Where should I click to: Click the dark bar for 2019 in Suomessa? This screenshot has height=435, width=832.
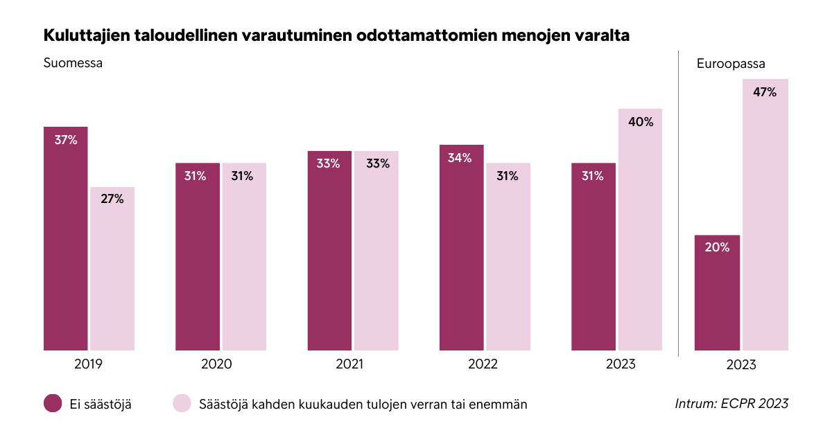[x=66, y=239]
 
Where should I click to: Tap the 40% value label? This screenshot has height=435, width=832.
[x=641, y=122]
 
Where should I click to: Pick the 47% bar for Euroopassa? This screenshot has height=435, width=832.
[x=765, y=215]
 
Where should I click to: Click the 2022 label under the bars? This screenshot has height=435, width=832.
[x=483, y=364]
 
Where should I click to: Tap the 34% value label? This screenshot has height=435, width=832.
[x=460, y=158]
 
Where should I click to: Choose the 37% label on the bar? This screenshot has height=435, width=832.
[x=66, y=140]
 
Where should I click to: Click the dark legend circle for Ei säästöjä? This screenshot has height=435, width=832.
[x=53, y=404]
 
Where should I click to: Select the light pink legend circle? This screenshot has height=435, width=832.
[x=182, y=404]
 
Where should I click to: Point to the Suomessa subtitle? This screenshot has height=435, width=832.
[x=73, y=63]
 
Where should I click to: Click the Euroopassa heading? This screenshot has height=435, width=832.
[x=731, y=64]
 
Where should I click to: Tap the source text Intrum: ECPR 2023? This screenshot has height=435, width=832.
[x=731, y=403]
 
